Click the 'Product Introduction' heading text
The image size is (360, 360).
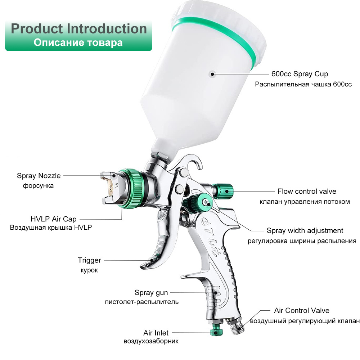click(x=79, y=29)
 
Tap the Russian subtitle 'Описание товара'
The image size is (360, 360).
click(x=78, y=43)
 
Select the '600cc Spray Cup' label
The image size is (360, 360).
click(x=300, y=74)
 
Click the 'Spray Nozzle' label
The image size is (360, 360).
click(x=39, y=176)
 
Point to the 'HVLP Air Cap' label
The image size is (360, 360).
click(x=54, y=219)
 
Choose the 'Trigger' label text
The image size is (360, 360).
click(x=89, y=260)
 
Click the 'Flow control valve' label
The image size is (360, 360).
click(x=307, y=191)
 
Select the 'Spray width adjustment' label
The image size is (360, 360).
click(x=305, y=230)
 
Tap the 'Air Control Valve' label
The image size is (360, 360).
click(x=302, y=310)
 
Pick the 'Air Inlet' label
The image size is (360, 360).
click(x=156, y=333)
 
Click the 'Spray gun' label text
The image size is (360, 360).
click(x=151, y=293)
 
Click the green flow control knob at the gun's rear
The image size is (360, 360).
click(x=223, y=191)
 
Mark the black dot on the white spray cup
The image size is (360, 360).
click(x=212, y=74)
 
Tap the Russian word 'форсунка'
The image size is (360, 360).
click(x=39, y=185)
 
